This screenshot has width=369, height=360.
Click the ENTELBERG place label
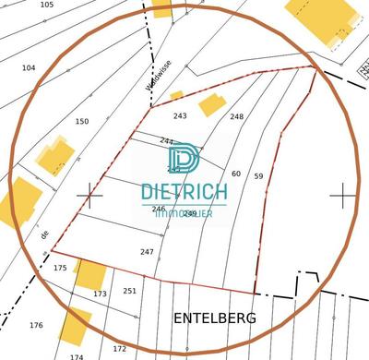point(215,318)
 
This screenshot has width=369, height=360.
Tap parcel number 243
point(180,115)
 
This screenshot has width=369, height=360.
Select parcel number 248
point(237,116)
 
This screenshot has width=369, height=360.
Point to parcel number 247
point(147,251)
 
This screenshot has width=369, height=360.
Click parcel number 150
point(82,121)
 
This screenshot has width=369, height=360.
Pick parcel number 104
point(29,67)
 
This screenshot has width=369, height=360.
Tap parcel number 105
point(47,5)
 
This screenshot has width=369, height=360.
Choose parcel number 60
point(235,174)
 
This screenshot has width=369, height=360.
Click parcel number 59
point(258,175)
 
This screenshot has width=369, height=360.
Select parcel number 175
point(61,268)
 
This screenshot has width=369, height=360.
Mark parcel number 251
point(129,291)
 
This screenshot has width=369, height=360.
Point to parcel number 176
point(36,325)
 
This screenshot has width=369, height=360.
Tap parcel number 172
point(119,348)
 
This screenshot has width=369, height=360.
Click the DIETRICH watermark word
point(184,193)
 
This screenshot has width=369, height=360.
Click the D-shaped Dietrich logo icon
point(184,160)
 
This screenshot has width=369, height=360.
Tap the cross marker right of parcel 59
point(343,195)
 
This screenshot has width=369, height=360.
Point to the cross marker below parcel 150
point(89,195)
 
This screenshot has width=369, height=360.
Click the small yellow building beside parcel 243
point(212,103)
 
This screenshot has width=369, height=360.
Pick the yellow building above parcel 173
point(89,274)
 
